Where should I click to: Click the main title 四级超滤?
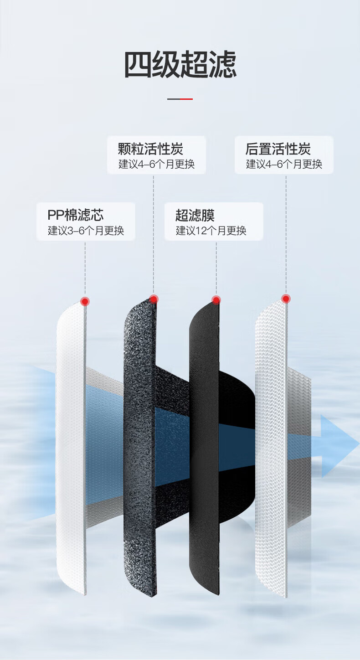[180, 64]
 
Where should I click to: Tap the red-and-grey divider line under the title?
[180, 99]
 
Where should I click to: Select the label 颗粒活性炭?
[150, 149]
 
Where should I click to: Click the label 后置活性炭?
[278, 149]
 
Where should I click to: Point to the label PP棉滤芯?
[76, 215]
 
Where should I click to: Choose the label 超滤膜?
[195, 215]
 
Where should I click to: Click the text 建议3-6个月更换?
[86, 231]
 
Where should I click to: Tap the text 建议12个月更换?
[211, 231]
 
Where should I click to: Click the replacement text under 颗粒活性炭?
[156, 164]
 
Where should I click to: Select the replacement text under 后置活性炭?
[284, 164]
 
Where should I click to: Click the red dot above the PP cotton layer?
[85, 301]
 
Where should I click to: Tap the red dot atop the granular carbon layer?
[153, 299]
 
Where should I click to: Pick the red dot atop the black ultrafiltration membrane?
[216, 300]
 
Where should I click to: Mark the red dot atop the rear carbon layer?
[285, 299]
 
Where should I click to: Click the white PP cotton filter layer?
[71, 448]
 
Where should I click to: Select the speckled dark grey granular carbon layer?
[140, 448]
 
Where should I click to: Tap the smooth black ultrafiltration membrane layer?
[204, 448]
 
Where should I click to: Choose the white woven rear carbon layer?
[271, 448]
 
